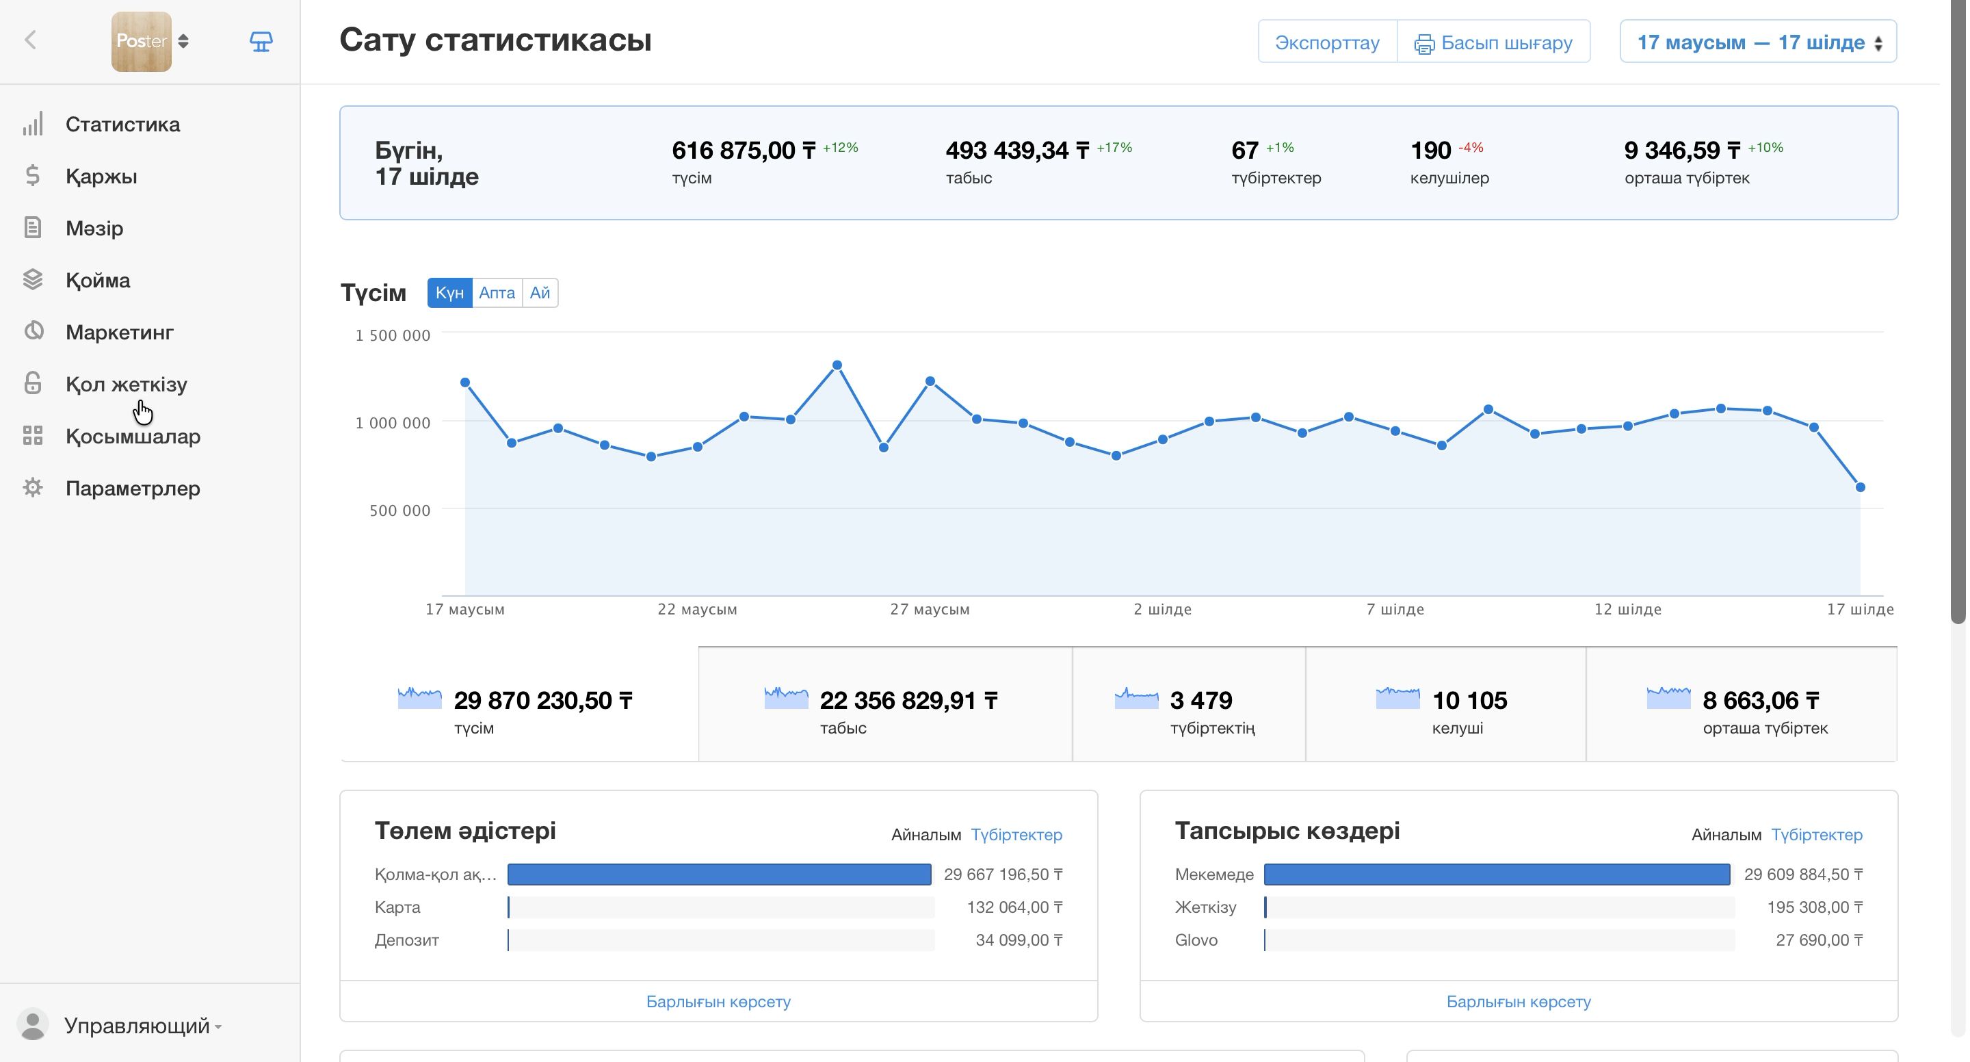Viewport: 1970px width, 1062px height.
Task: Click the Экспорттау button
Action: [1327, 41]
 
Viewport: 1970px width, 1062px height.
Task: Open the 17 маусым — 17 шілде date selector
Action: [1757, 41]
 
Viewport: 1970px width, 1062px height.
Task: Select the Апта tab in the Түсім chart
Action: [497, 292]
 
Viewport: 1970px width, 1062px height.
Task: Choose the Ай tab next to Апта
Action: [540, 292]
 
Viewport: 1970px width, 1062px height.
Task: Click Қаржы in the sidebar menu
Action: [101, 176]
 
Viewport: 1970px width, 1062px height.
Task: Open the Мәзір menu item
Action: [94, 228]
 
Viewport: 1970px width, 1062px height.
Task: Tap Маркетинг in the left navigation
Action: [119, 332]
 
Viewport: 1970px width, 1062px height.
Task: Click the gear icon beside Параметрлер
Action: [33, 487]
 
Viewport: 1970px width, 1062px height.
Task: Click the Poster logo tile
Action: [142, 41]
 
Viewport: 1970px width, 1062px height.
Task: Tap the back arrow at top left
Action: [31, 40]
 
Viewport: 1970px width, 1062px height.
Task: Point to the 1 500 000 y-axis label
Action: [393, 335]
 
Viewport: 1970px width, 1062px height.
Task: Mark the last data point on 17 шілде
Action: [1861, 487]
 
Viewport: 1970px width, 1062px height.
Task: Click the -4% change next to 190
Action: [1471, 148]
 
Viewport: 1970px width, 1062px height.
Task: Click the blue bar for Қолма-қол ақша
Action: [720, 875]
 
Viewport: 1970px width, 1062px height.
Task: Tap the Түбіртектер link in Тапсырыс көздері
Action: [1817, 835]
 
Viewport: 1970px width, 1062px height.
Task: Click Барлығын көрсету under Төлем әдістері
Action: [719, 1002]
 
